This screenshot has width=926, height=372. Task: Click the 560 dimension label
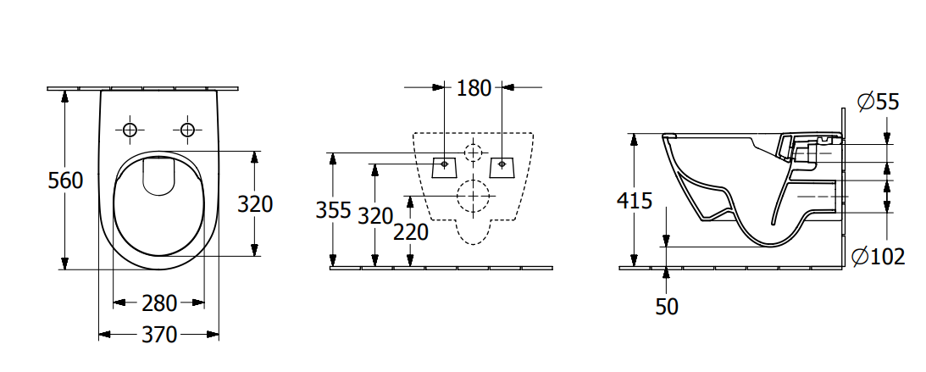65,180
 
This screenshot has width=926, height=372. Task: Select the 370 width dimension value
159,335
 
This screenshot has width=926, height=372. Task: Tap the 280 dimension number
159,303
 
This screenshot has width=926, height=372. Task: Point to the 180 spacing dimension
474,88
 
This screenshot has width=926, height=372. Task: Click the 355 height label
334,209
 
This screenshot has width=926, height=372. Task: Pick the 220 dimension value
410,232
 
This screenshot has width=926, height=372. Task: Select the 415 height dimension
635,201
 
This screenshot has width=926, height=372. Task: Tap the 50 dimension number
667,306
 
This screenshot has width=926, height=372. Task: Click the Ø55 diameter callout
879,102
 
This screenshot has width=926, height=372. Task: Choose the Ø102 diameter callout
879,256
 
